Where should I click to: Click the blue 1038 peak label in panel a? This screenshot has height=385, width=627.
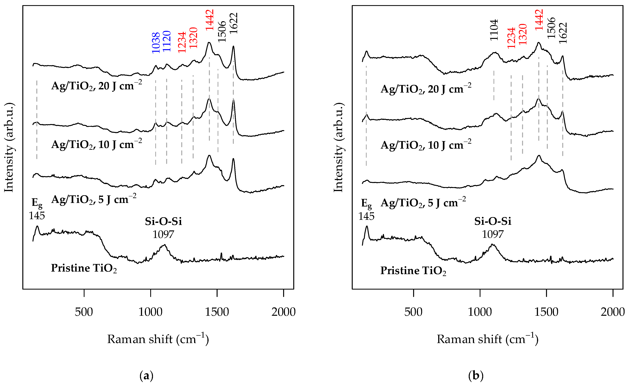156,43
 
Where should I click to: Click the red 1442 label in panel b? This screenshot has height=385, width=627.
539,20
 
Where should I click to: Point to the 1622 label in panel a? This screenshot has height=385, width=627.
233,23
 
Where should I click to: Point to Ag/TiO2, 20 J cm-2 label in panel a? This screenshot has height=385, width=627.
96,86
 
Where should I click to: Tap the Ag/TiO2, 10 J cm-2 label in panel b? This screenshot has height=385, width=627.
426,145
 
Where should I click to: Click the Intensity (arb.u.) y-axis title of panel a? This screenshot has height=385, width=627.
9,148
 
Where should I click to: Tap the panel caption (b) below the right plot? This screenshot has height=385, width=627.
475,376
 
